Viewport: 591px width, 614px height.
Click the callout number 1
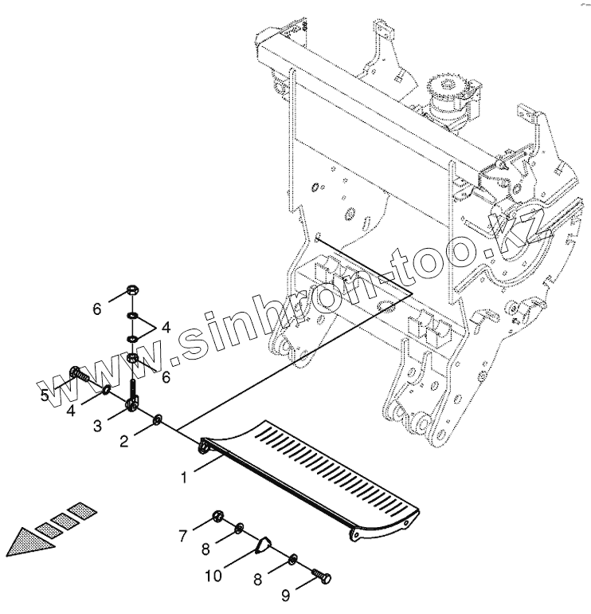click(184, 478)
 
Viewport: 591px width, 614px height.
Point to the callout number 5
click(45, 396)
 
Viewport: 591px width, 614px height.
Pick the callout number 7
click(182, 536)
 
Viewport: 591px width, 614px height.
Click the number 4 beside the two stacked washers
click(166, 327)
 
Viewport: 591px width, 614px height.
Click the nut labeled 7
click(217, 518)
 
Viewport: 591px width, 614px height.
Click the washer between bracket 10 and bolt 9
click(294, 560)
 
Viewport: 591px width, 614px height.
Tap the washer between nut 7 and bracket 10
click(239, 529)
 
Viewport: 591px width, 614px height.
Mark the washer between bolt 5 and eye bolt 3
click(107, 389)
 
